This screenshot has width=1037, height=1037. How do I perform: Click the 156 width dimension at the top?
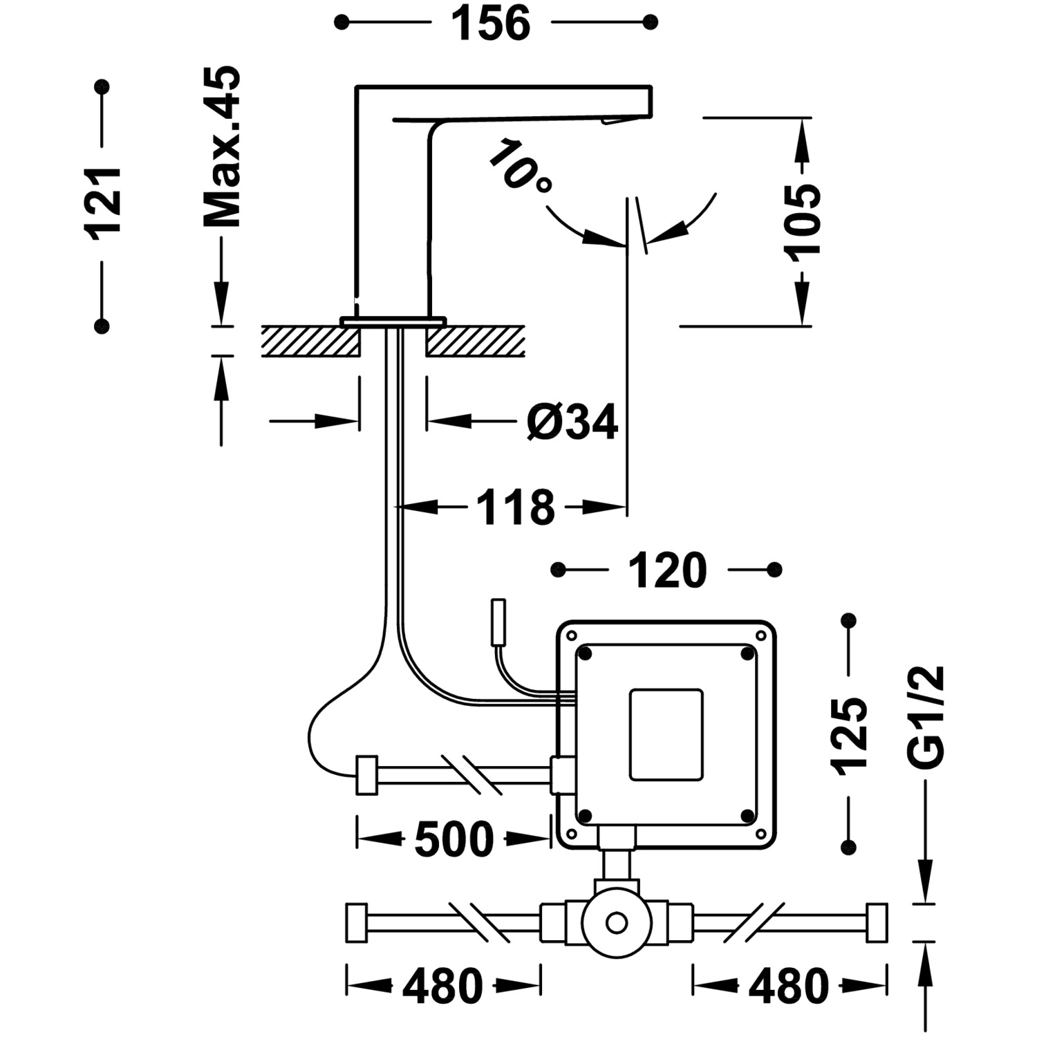click(x=491, y=24)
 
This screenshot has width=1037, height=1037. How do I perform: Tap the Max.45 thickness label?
click(x=223, y=147)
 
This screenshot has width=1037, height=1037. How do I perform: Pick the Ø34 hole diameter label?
click(x=571, y=422)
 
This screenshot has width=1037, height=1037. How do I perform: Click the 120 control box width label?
click(x=666, y=571)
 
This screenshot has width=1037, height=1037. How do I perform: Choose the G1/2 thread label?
click(x=925, y=717)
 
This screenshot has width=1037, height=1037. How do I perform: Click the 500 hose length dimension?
click(x=454, y=840)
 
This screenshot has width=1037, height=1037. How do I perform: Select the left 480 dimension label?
click(x=442, y=986)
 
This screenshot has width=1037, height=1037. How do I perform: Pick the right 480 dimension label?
click(x=789, y=986)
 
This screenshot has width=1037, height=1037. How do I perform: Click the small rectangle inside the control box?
click(x=666, y=734)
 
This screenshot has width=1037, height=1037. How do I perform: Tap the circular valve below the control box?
click(x=616, y=923)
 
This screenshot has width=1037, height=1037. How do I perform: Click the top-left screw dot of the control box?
click(x=586, y=653)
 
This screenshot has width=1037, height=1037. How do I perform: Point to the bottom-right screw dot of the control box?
click(x=747, y=816)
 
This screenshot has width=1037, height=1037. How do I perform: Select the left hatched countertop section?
click(x=310, y=342)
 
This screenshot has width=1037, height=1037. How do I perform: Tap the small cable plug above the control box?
click(x=498, y=623)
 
